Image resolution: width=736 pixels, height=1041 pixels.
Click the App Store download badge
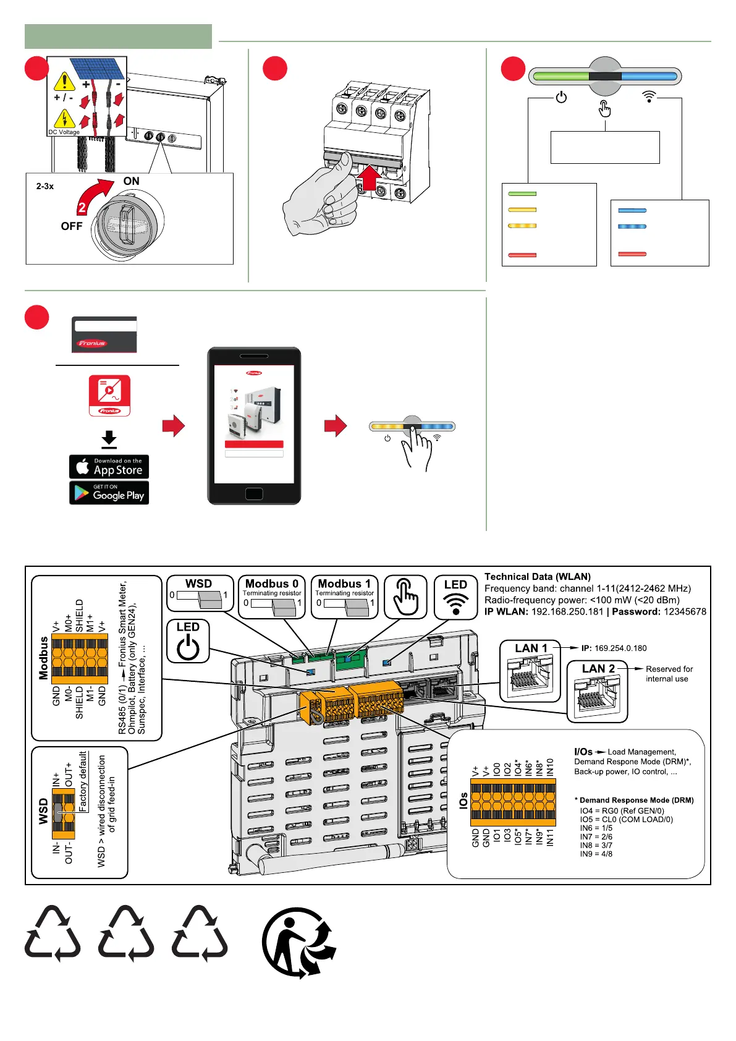(109, 467)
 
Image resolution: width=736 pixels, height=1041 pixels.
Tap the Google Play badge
(109, 493)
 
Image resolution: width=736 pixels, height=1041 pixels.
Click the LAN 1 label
(531, 648)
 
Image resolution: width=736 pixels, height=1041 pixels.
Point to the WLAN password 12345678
(685, 611)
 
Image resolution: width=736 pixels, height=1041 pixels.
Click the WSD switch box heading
(198, 584)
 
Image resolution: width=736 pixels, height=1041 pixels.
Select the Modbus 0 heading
(272, 584)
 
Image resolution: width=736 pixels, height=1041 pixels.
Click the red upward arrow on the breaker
(369, 177)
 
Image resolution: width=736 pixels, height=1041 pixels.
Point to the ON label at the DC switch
(132, 181)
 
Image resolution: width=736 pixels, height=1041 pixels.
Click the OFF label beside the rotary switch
(72, 226)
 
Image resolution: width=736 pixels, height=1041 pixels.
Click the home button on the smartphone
(254, 493)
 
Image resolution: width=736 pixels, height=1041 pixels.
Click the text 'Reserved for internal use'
(669, 674)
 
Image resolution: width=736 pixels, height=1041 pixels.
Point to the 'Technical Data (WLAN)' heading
(537, 576)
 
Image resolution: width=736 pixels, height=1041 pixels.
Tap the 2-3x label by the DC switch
(45, 186)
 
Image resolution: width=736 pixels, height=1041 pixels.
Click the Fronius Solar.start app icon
(109, 395)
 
